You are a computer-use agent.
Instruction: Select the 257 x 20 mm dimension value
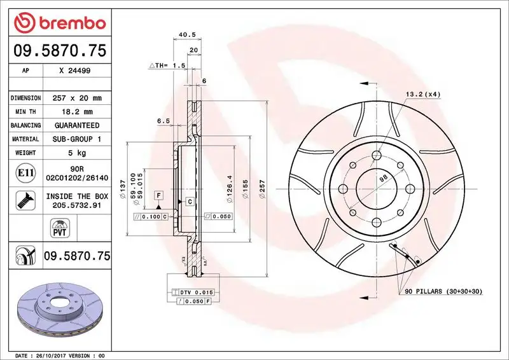coord(79,98)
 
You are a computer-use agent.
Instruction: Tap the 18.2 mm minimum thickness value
coord(79,111)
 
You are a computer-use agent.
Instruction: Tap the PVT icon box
coord(59,228)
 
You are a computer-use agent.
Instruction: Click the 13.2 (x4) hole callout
coord(423,94)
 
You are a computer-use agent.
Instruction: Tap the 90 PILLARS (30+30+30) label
coord(443,292)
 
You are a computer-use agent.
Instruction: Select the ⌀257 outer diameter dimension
coord(261,190)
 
